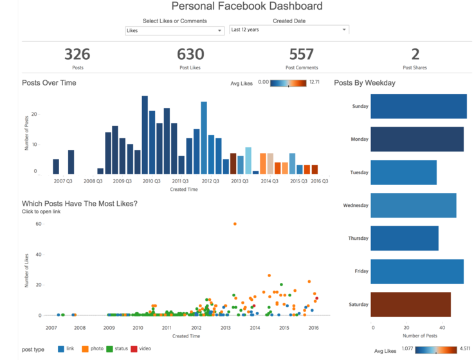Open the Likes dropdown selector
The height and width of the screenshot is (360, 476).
(174, 30)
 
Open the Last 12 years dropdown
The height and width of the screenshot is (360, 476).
(289, 30)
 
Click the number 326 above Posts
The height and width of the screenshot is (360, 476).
(77, 55)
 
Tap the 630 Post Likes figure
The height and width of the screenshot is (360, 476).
(190, 55)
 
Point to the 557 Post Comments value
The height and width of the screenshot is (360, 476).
(301, 55)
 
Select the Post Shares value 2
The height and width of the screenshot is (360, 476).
(415, 55)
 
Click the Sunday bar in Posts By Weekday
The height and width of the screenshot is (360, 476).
(419, 106)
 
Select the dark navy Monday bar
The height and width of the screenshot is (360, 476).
(417, 139)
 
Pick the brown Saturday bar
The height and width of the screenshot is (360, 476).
(410, 305)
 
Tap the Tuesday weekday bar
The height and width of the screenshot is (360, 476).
(404, 172)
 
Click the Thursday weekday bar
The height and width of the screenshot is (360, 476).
(405, 239)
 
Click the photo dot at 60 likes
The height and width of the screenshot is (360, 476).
(235, 224)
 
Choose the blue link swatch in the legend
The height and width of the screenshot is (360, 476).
(61, 348)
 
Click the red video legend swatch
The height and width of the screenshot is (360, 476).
(134, 348)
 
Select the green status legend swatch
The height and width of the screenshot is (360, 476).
(109, 348)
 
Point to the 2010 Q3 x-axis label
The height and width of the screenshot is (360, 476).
(151, 181)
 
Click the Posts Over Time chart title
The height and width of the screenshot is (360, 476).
(50, 83)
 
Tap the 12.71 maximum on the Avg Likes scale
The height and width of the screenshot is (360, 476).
(315, 82)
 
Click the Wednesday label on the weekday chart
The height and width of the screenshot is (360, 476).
(356, 206)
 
